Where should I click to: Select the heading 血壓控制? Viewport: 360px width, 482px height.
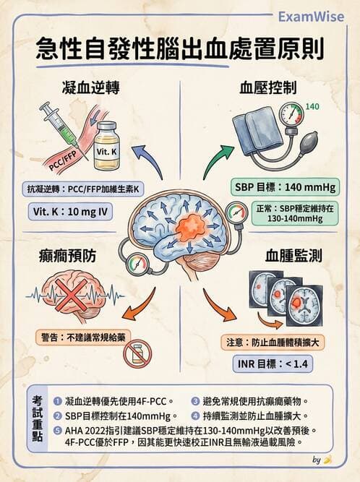[x=269, y=89]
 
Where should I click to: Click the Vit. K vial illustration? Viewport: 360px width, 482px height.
[x=107, y=146]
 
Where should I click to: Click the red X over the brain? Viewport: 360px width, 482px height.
[x=74, y=296]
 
